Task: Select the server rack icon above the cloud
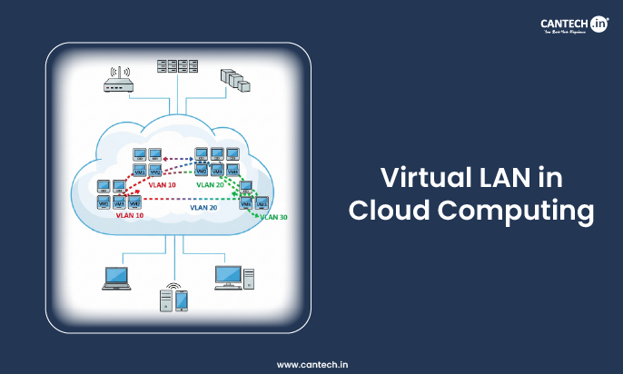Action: coord(176,67)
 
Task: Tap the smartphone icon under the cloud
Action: coord(181,300)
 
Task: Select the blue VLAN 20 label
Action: coord(203,208)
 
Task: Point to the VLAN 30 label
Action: coord(273,217)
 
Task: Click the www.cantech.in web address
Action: coord(311,363)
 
